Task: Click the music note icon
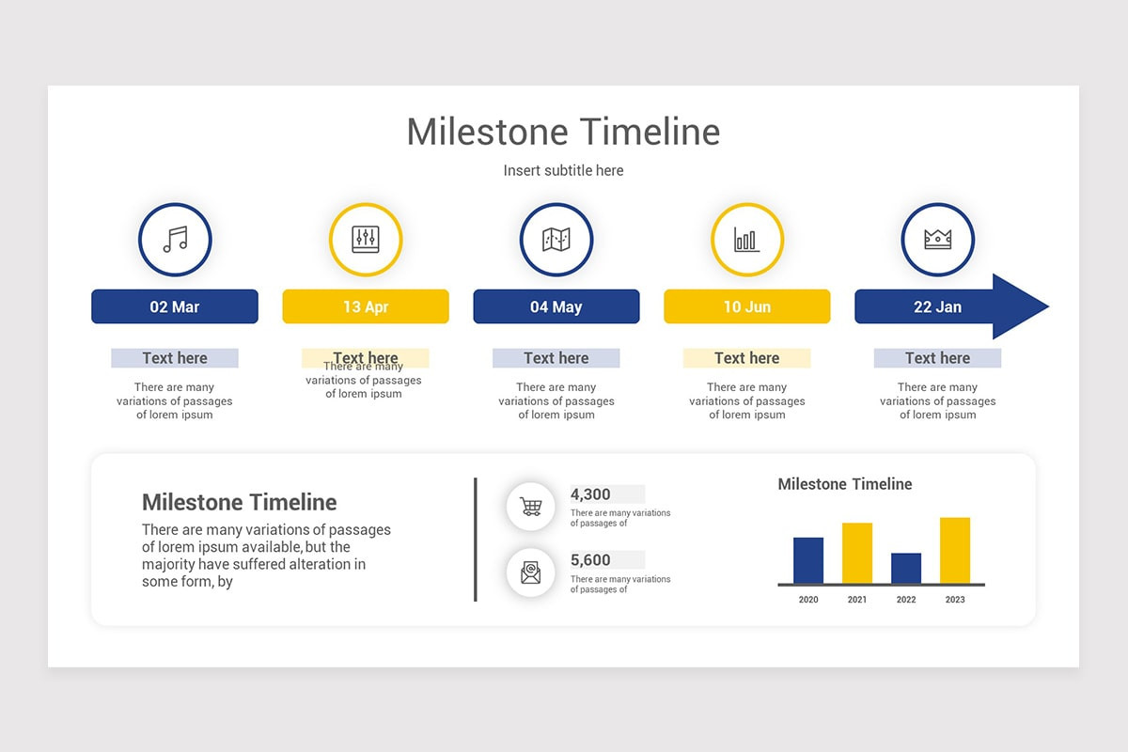click(x=175, y=240)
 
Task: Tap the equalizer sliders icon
click(x=365, y=240)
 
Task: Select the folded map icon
click(x=556, y=240)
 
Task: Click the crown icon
click(x=937, y=240)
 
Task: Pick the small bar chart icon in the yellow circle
click(x=746, y=240)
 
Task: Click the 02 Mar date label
click(x=175, y=306)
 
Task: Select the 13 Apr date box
click(x=366, y=306)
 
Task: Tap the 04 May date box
click(x=556, y=306)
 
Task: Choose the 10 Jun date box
click(x=747, y=306)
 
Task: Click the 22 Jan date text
click(x=937, y=306)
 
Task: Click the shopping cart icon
click(x=531, y=507)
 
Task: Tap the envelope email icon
click(x=531, y=572)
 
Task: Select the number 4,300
click(x=590, y=494)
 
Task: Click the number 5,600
click(x=590, y=560)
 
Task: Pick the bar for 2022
click(x=906, y=568)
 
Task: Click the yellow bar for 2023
click(x=955, y=550)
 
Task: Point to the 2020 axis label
click(x=808, y=600)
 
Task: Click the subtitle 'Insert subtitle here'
click(x=563, y=170)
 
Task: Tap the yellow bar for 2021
click(x=857, y=553)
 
